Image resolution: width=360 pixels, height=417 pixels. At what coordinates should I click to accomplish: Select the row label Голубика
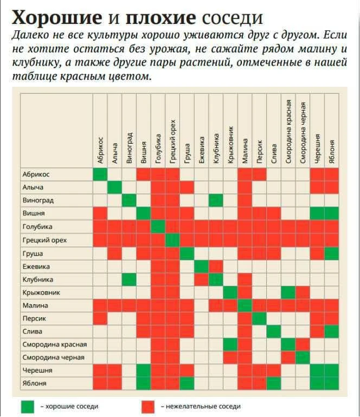pos(37,227)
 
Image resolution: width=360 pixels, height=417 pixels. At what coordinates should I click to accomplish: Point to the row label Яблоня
pos(34,383)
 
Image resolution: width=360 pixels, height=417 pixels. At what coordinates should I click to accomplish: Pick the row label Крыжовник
pos(41,292)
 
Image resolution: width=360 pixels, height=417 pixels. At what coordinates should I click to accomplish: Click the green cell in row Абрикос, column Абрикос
pos(100,174)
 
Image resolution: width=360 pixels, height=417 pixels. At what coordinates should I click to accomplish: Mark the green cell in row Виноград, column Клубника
pos(216,200)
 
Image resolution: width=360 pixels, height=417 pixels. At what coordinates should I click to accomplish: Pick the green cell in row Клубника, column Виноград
pos(129,279)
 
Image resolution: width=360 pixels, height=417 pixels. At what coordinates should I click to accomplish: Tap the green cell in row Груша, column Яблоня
pos(332,253)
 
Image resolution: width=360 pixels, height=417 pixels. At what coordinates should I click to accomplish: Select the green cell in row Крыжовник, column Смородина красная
pos(288,292)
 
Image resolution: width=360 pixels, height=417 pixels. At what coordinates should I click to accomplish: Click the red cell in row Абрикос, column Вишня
pos(143,174)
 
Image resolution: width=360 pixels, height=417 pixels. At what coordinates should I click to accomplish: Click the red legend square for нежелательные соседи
pos(147,406)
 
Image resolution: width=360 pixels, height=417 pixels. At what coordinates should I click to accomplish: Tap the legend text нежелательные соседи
pos(201,406)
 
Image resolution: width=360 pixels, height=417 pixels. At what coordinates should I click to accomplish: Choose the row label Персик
pos(34,318)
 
